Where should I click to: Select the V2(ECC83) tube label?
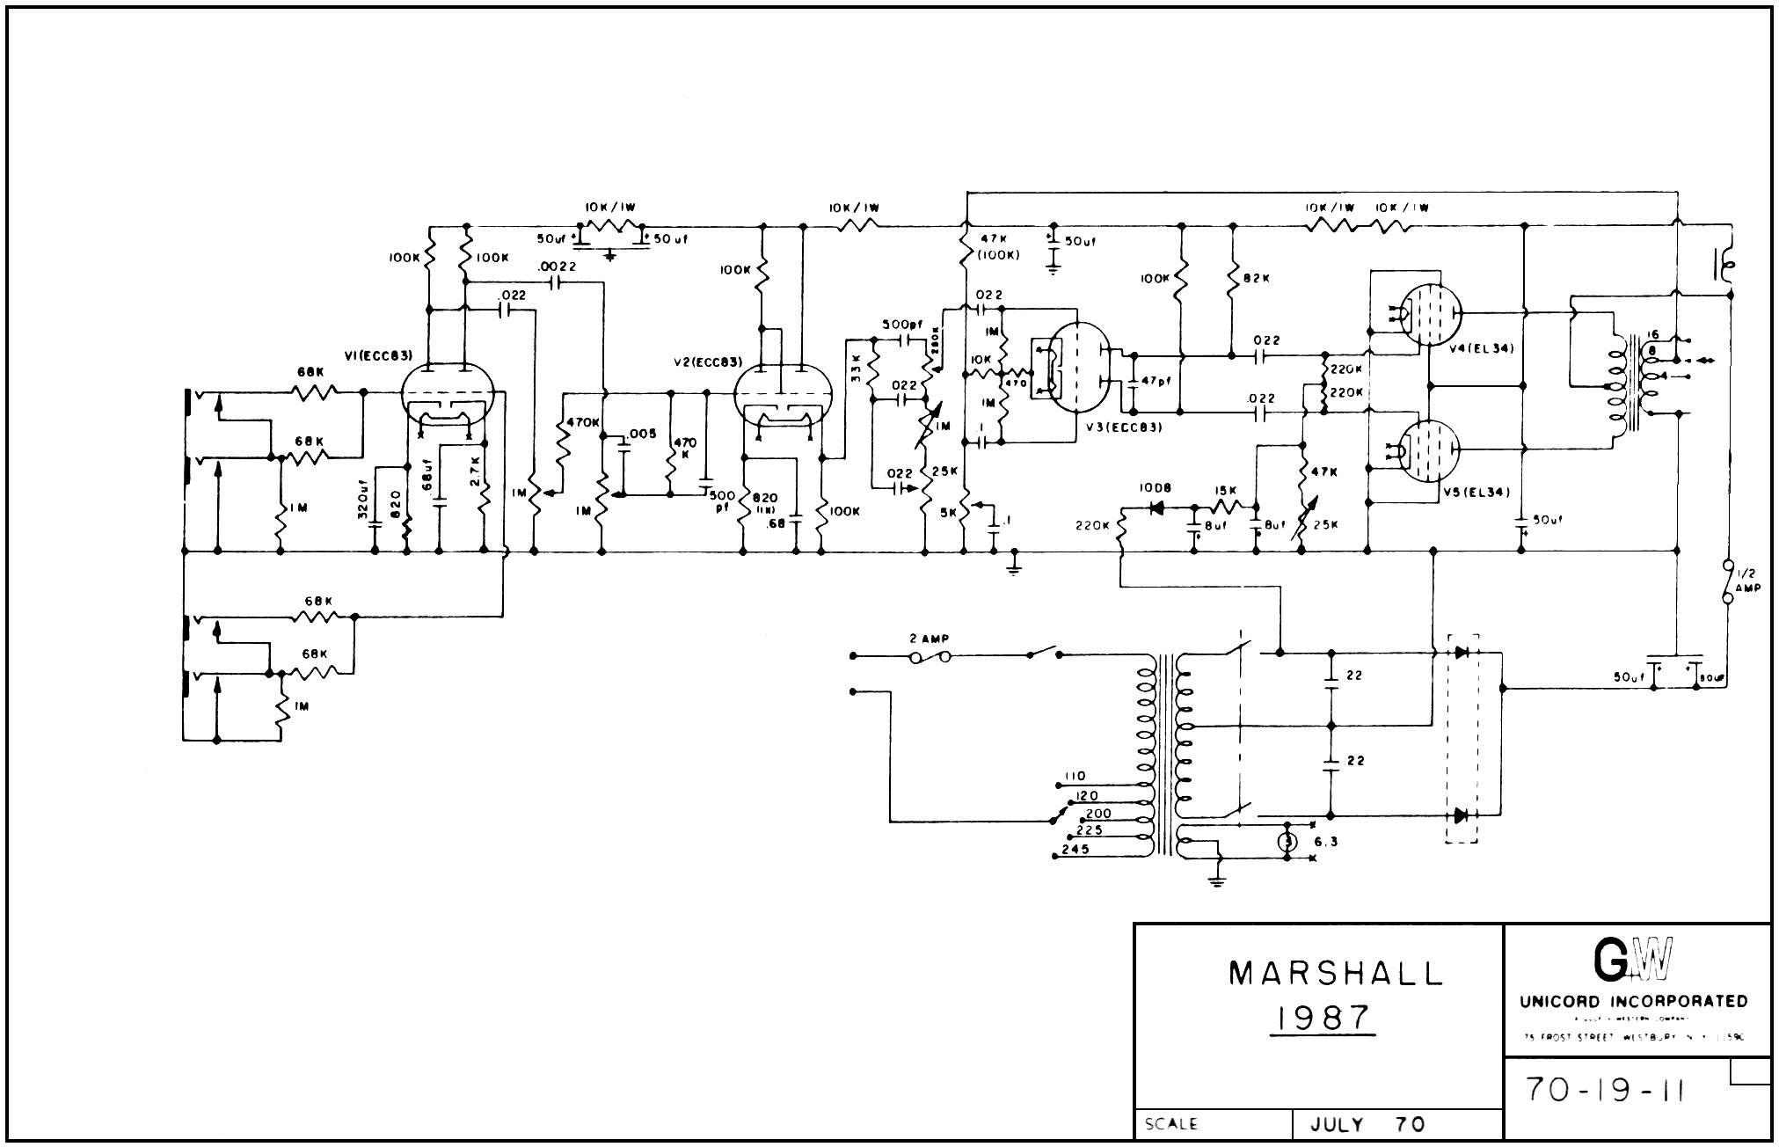click(705, 362)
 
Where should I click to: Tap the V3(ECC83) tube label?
click(1125, 427)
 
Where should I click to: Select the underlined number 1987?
click(1324, 1019)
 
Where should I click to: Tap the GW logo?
click(1633, 959)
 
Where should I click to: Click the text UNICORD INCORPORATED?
click(1633, 1001)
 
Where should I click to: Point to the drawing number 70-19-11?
click(1605, 1091)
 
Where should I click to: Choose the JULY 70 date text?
click(1367, 1125)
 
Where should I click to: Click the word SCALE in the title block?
click(1170, 1125)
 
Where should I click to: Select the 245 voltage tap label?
click(1075, 850)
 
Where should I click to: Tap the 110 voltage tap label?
click(1075, 777)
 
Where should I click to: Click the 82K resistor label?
click(1257, 278)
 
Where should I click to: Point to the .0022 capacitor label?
click(558, 266)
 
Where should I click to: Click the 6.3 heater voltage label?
click(1325, 842)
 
